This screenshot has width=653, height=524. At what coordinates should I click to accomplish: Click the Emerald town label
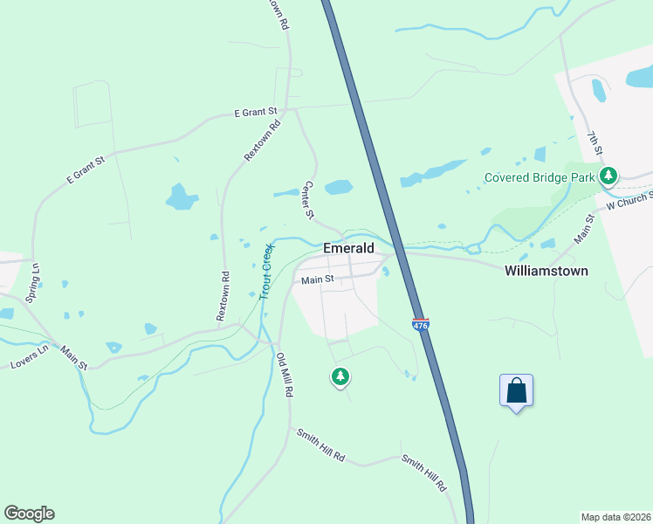tap(348, 248)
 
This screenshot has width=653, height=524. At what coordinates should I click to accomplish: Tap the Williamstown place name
tap(546, 271)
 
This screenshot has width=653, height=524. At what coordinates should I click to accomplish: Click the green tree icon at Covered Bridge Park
tap(608, 177)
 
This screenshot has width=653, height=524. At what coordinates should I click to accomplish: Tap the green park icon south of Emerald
tap(340, 377)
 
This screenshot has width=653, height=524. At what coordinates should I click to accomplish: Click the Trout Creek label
tap(267, 272)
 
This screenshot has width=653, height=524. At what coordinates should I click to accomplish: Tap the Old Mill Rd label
tap(283, 375)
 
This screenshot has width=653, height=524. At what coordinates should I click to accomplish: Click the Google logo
tap(29, 514)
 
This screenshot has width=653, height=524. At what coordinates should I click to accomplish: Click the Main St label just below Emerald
tap(318, 280)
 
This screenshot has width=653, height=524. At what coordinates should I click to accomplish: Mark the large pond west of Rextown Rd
tap(182, 196)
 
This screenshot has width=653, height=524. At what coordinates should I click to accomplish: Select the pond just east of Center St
tap(338, 187)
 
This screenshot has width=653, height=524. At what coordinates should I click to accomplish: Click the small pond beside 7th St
tap(599, 89)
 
